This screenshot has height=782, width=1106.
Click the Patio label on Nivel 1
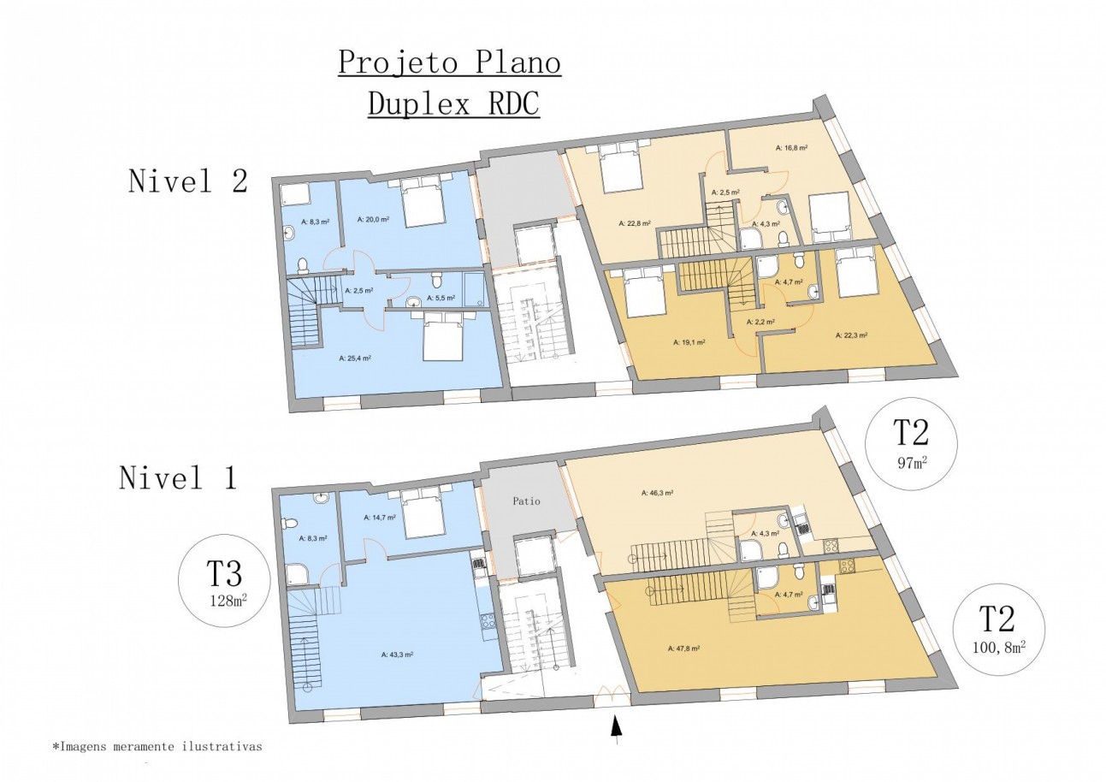pyautogui.click(x=527, y=501)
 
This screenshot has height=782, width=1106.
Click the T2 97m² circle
pyautogui.click(x=912, y=442)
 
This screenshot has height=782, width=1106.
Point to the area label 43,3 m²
pyautogui.click(x=397, y=655)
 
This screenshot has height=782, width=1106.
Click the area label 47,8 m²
pyautogui.click(x=683, y=649)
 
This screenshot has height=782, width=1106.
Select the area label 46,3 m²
pyautogui.click(x=657, y=493)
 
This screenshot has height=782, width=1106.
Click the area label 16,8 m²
pyautogui.click(x=791, y=148)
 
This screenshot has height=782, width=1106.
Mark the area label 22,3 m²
pyautogui.click(x=851, y=335)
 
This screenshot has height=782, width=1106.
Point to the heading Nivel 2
pyautogui.click(x=187, y=181)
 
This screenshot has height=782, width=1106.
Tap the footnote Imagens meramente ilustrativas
pyautogui.click(x=157, y=747)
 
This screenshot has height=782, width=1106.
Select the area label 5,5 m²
pyautogui.click(x=442, y=299)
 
